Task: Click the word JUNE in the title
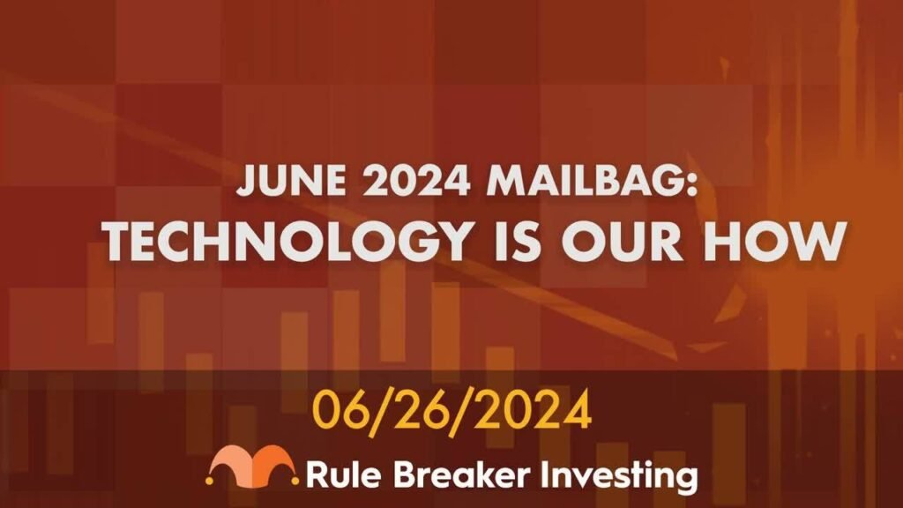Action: pyautogui.click(x=292, y=180)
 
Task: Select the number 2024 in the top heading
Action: pyautogui.click(x=417, y=180)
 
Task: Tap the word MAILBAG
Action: pyautogui.click(x=584, y=180)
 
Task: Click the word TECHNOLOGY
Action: pyautogui.click(x=287, y=241)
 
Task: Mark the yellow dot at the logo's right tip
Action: pyautogui.click(x=295, y=479)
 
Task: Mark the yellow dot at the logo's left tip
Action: pyautogui.click(x=210, y=479)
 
